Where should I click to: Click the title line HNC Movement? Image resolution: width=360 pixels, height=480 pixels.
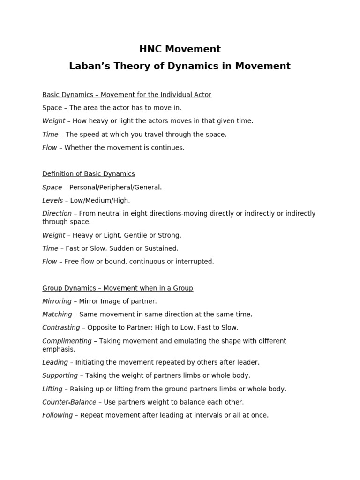point(180,49)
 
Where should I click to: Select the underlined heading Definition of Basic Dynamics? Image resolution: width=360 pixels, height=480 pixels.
point(89,174)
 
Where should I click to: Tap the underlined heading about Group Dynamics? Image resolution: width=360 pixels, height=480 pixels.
point(118,288)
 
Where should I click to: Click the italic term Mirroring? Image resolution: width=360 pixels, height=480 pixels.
point(57,301)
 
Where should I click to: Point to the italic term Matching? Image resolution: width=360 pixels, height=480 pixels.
point(57,315)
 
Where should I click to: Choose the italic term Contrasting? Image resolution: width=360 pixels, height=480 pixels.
point(61,328)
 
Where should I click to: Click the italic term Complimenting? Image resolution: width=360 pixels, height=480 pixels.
point(67,341)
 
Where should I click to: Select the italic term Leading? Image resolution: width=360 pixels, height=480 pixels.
point(55,362)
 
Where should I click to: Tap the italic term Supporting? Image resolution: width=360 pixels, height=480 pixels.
point(60,375)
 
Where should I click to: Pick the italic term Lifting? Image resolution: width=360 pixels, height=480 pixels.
point(52,389)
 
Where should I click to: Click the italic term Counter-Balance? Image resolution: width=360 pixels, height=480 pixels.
point(69,402)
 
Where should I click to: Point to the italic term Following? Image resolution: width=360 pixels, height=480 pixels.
point(57,415)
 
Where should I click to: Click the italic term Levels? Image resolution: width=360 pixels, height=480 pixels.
point(52,200)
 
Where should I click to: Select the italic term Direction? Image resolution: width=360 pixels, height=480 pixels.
point(57,213)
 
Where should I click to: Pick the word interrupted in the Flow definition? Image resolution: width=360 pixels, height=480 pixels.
point(195,262)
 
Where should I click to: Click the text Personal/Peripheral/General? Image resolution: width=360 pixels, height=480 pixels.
point(115,187)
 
